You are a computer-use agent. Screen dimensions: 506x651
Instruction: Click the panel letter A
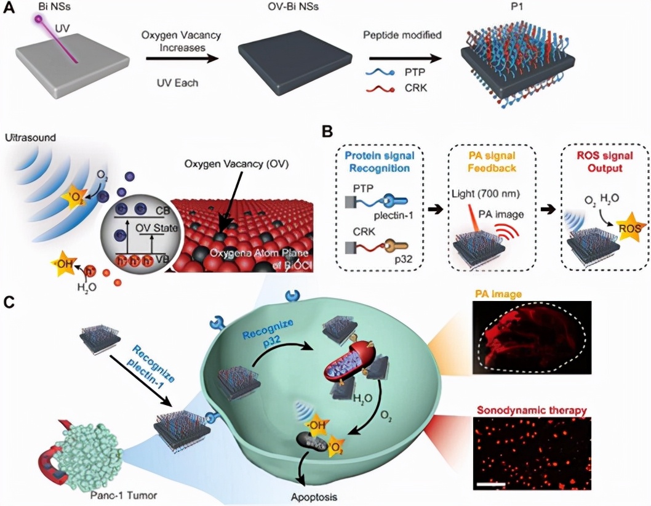[x=9, y=7]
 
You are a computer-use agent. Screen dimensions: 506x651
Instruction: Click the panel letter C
[x=9, y=302]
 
